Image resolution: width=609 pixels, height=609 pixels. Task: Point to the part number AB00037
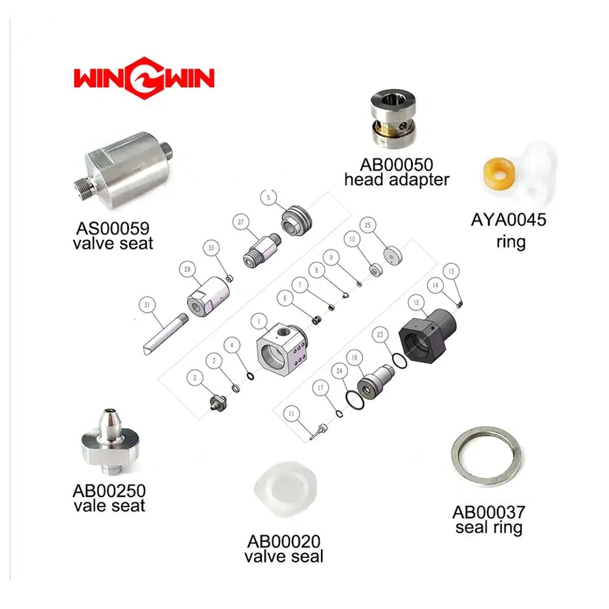pyautogui.click(x=488, y=513)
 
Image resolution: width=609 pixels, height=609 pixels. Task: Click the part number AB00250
pyautogui.click(x=109, y=490)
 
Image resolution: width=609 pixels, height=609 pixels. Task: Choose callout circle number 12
pyautogui.click(x=415, y=302)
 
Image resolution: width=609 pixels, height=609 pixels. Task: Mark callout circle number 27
pyautogui.click(x=241, y=223)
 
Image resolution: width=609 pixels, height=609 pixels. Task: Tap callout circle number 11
pyautogui.click(x=292, y=414)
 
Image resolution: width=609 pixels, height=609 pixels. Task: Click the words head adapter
pyautogui.click(x=396, y=180)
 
